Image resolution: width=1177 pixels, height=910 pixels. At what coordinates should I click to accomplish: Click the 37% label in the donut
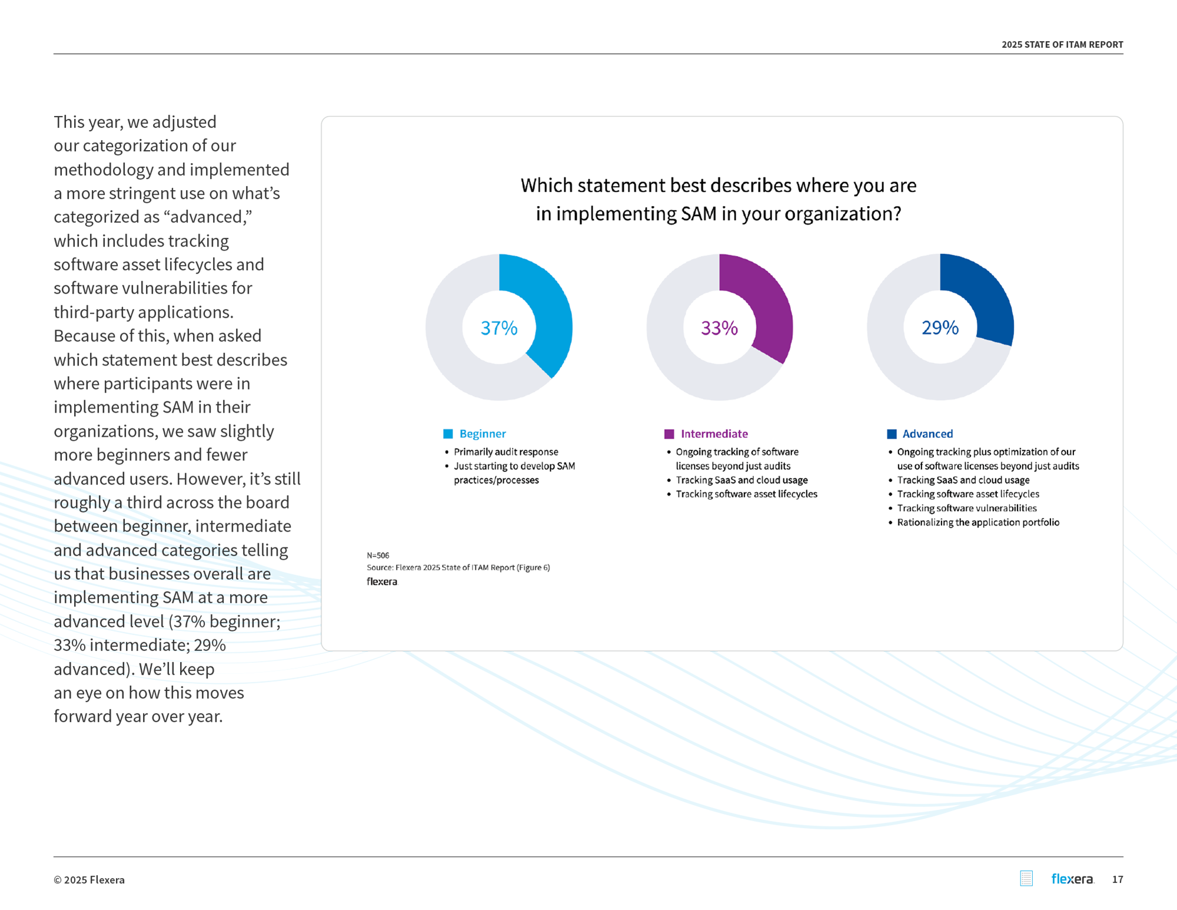(x=499, y=328)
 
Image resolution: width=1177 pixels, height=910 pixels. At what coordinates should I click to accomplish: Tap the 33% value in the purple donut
(x=719, y=328)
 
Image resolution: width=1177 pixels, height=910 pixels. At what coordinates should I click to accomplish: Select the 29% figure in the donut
(x=940, y=327)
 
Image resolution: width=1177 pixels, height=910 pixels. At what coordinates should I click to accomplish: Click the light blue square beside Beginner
(x=448, y=434)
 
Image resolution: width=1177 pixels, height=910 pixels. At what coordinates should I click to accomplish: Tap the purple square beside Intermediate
(x=669, y=434)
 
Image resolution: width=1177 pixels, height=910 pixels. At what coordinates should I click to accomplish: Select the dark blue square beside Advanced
(x=892, y=434)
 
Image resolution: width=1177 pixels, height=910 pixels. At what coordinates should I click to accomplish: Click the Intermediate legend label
(x=714, y=434)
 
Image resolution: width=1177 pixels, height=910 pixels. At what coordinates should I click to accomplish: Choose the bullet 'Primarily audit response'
(x=506, y=451)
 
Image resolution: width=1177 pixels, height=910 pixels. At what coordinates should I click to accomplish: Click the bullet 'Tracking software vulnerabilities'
(x=966, y=508)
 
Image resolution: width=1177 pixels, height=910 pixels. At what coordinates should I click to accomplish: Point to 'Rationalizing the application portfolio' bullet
(x=977, y=522)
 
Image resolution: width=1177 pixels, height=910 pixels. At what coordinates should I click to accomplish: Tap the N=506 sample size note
(x=378, y=555)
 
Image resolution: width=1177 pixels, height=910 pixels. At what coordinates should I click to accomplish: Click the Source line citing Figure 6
(x=458, y=567)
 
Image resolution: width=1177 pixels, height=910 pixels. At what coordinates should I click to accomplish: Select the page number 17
(x=1117, y=879)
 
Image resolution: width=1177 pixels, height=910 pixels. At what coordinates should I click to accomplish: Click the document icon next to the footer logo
(x=1026, y=878)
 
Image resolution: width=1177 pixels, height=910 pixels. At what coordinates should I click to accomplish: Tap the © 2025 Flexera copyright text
(x=89, y=880)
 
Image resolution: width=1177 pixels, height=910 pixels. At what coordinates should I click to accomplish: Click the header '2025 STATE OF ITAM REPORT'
(x=1062, y=45)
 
